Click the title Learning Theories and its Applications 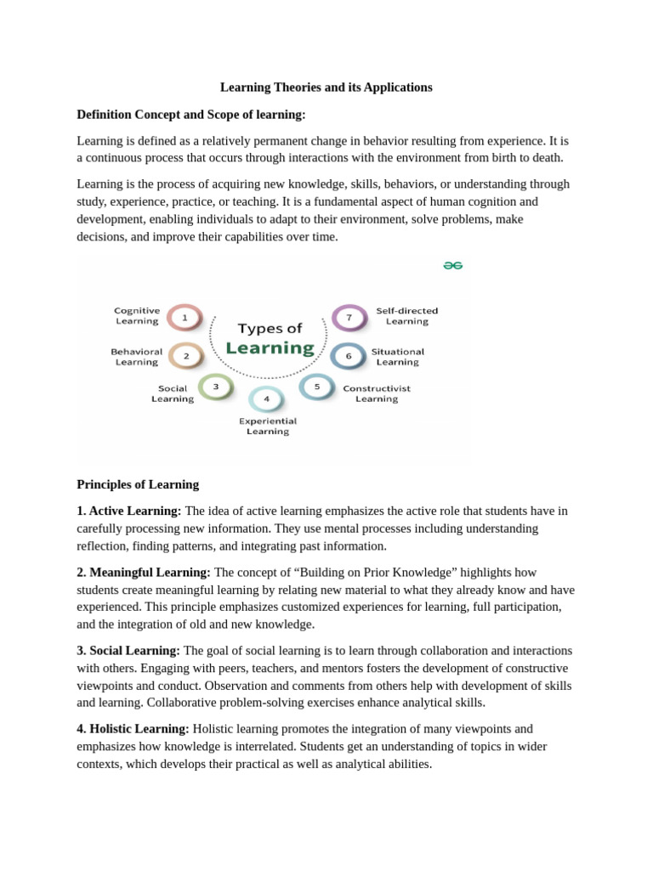click(326, 88)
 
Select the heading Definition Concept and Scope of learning click(191, 114)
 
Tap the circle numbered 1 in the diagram click(185, 318)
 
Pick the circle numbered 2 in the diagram click(186, 356)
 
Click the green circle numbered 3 click(216, 387)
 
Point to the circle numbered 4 click(266, 398)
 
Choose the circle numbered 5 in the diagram click(317, 387)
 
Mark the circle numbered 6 click(348, 356)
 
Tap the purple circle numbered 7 click(349, 318)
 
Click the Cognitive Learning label click(137, 316)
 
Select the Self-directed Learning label click(406, 316)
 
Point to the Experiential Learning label click(268, 426)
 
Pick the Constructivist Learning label click(377, 393)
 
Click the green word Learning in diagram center click(270, 348)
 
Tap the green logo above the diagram click(452, 265)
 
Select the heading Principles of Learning click(138, 484)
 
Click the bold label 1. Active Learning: click(129, 511)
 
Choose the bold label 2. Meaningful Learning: click(144, 572)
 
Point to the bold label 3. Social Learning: click(128, 650)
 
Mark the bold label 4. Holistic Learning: click(133, 728)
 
